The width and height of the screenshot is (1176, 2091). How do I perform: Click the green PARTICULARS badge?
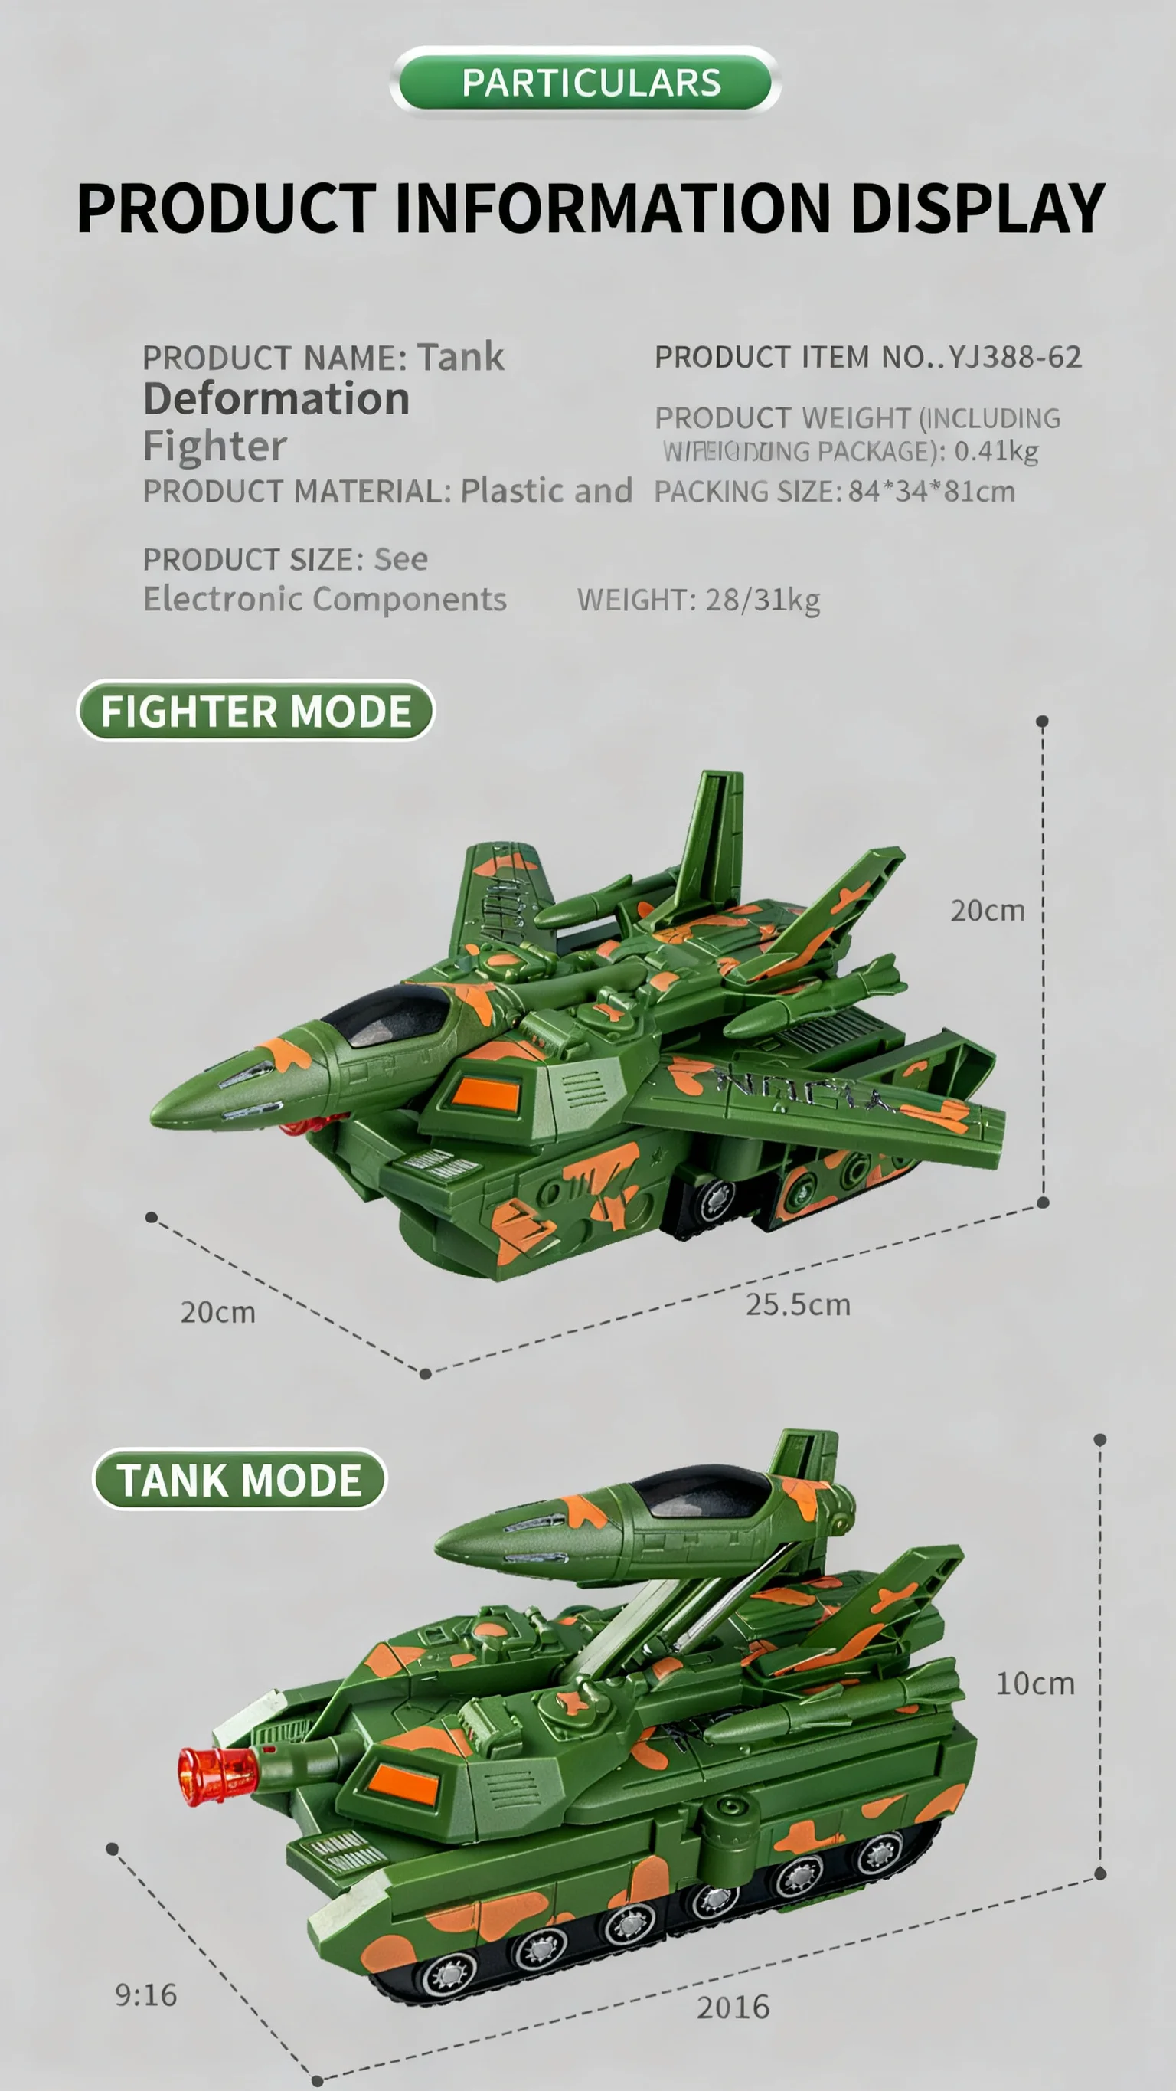click(x=585, y=82)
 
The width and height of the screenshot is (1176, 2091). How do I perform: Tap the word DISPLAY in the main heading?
click(x=977, y=208)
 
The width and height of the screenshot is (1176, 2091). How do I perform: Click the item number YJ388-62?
click(x=1014, y=357)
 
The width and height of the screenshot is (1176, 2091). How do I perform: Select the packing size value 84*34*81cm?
click(x=932, y=491)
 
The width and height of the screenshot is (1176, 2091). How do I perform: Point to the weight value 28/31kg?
click(x=762, y=600)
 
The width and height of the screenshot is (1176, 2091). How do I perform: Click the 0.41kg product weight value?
click(x=996, y=451)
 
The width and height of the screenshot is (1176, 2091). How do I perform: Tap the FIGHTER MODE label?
click(x=256, y=711)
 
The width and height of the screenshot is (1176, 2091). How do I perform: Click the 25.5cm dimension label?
click(x=798, y=1304)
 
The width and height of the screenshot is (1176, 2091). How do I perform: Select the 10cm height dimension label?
click(x=1035, y=1684)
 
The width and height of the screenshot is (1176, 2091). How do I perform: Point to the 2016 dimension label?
click(x=733, y=2007)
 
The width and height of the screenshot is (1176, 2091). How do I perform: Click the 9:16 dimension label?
click(x=146, y=1994)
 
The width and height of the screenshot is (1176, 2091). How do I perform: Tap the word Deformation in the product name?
click(x=276, y=399)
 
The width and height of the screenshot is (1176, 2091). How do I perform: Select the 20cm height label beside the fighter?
click(x=987, y=911)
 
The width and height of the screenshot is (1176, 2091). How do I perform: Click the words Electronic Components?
click(x=325, y=599)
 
